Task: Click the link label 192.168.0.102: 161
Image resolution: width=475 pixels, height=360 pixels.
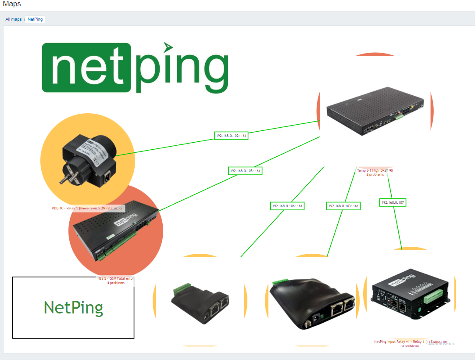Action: click(x=232, y=136)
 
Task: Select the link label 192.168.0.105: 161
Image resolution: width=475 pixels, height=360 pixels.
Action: click(x=245, y=171)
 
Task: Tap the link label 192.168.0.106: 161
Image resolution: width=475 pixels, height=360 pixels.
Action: click(x=287, y=206)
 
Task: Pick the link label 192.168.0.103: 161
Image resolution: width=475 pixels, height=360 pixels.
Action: click(x=343, y=206)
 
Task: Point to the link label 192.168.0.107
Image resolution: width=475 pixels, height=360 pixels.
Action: click(x=393, y=203)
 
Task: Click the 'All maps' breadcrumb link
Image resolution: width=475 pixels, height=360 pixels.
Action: click(x=14, y=19)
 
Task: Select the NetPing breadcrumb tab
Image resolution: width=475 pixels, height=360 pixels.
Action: click(x=35, y=19)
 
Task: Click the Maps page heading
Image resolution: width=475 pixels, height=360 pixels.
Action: click(x=11, y=4)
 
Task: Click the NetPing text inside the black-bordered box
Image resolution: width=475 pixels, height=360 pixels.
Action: click(x=73, y=308)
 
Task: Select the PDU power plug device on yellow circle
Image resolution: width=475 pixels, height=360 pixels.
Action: click(x=88, y=161)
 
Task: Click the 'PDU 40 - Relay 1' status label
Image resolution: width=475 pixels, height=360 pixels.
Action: click(x=88, y=208)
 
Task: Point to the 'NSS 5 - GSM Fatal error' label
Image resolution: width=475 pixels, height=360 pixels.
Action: click(x=116, y=278)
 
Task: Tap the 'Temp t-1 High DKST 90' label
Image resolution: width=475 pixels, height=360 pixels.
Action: click(x=375, y=170)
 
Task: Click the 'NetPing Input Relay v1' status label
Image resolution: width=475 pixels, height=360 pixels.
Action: click(x=410, y=342)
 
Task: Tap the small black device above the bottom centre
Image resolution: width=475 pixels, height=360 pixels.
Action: click(x=200, y=303)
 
